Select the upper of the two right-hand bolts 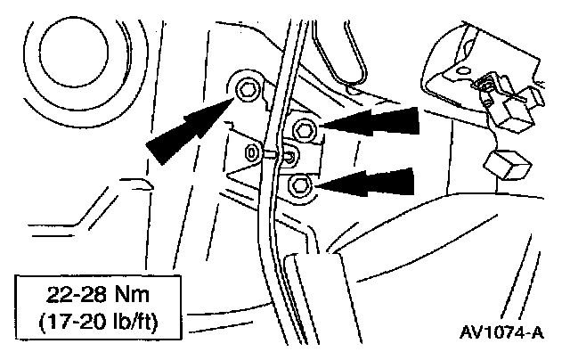click(303, 130)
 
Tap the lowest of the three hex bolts click(300, 185)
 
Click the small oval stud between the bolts click(252, 152)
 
